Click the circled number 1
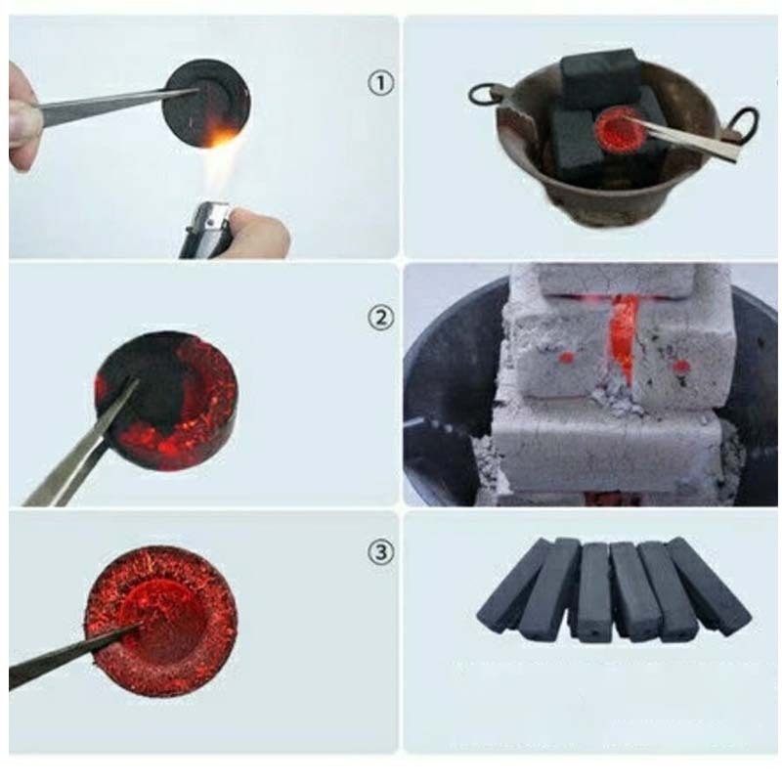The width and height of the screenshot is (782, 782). pos(380,83)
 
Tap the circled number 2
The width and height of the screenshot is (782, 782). pos(380,318)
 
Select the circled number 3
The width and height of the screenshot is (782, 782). pos(380,552)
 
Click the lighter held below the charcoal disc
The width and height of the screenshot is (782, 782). pos(205,231)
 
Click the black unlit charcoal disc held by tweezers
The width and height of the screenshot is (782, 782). pos(206,103)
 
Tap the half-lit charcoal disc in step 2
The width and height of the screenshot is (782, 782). pos(166,402)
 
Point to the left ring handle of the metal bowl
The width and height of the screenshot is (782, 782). pos(482,95)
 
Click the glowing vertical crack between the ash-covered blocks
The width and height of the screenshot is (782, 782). pos(623,335)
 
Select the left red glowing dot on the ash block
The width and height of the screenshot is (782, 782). pos(566,357)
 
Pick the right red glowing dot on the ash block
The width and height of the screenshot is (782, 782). pos(680,368)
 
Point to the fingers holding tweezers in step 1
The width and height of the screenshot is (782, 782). pos(22,117)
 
